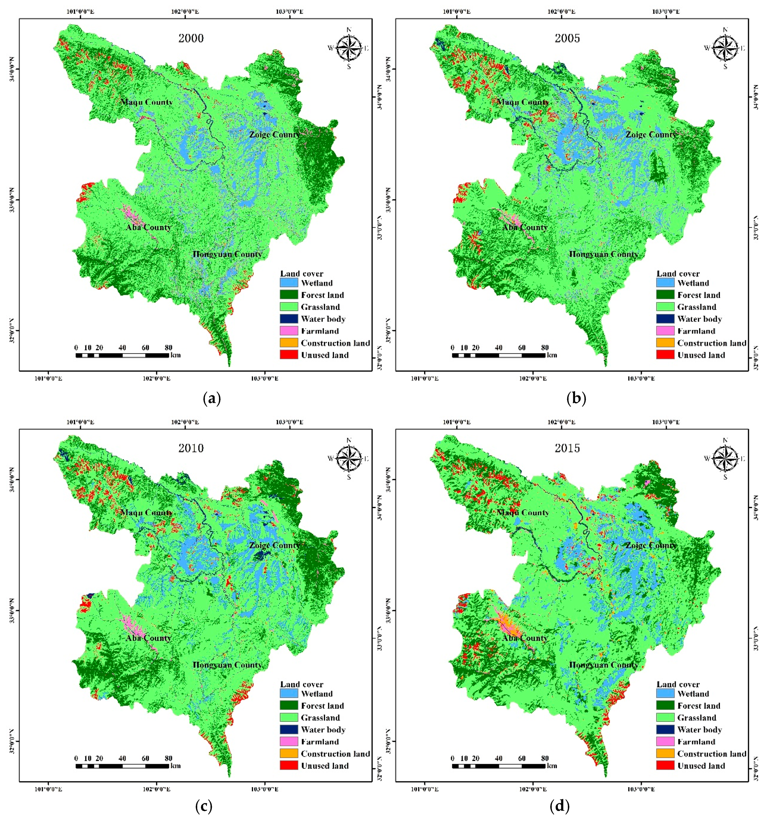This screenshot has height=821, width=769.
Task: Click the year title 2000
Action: point(191,38)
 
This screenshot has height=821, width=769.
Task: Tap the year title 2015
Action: point(567,448)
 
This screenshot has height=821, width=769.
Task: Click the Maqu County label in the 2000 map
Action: point(146,102)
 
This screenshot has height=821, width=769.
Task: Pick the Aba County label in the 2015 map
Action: point(525,638)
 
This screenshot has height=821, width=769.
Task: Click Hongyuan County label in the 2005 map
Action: point(604,254)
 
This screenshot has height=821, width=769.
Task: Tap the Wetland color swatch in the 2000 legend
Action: point(289,283)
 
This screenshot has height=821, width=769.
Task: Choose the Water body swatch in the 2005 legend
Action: point(665,319)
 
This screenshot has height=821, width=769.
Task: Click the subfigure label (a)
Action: point(212,398)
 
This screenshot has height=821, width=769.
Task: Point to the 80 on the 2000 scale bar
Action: point(168,347)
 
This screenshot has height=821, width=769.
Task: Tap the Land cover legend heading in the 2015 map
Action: point(678,684)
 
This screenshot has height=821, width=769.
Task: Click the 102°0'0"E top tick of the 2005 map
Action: point(561,11)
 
